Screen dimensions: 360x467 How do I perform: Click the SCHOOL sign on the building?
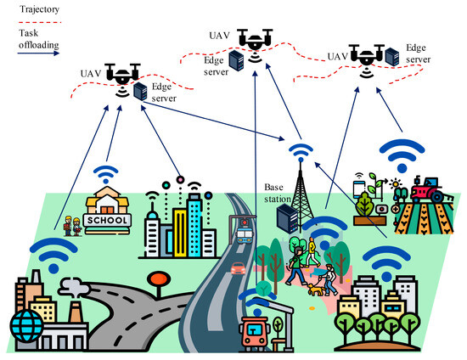coord(110,220)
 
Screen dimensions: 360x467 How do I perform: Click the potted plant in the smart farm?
coord(366,205)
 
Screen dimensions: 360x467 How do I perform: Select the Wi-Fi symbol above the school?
coord(105,176)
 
